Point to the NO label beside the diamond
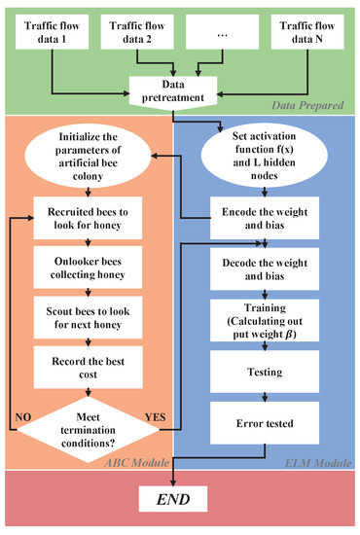[x=24, y=419]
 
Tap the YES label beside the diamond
[x=156, y=419]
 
